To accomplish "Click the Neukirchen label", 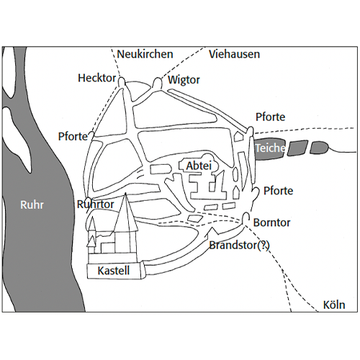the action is click(x=145, y=54).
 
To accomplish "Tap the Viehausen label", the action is click(x=234, y=54).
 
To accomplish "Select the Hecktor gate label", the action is click(x=96, y=78).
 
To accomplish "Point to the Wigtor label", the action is click(x=184, y=80).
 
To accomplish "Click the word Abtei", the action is click(x=199, y=166).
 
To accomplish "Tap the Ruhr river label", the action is click(x=32, y=205).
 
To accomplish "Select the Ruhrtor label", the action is click(x=95, y=204).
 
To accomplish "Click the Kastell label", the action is click(x=114, y=271).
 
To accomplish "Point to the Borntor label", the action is click(x=271, y=222).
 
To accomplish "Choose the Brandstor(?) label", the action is click(x=240, y=246).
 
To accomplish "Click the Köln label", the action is click(x=334, y=305).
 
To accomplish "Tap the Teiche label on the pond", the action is click(x=270, y=148).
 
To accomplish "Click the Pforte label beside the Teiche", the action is click(x=270, y=117).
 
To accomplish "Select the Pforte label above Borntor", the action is click(x=278, y=191).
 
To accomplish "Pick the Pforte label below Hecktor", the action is click(x=73, y=137).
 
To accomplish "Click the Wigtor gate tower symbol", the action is click(x=158, y=83).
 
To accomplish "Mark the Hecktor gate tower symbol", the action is click(x=122, y=81).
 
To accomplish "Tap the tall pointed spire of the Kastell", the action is click(x=125, y=211).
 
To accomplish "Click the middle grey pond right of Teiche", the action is click(x=297, y=148).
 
